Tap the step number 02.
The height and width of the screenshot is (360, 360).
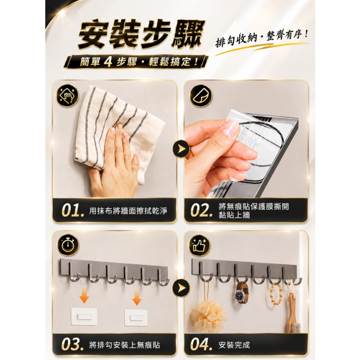(201, 210)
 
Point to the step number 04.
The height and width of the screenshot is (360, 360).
(201, 344)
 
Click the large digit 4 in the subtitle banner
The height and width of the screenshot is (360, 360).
(107, 62)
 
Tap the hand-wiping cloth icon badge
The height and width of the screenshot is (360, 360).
(67, 95)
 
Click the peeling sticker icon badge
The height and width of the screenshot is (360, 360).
(201, 95)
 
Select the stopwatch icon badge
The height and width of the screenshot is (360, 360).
(67, 245)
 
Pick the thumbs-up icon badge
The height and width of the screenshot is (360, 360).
(200, 245)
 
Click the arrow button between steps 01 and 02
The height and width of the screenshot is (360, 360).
(181, 149)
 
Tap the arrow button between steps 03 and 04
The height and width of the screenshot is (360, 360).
(181, 288)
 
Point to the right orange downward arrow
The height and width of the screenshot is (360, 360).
(137, 297)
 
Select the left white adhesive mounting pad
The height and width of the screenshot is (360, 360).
(84, 316)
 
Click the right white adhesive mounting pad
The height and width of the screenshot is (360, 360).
(136, 317)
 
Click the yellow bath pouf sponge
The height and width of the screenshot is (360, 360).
(208, 316)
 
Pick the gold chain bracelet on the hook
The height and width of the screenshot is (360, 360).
(276, 294)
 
